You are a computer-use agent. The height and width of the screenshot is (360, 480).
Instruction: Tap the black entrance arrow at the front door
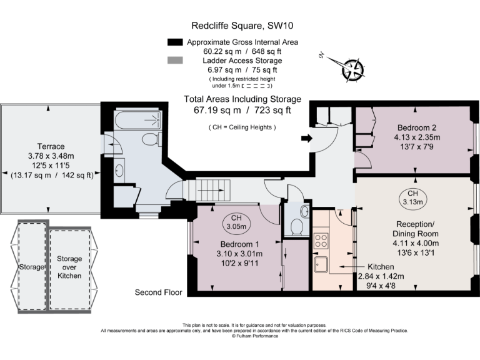click(306, 138)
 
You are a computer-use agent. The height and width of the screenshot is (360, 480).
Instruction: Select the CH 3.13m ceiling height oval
click(413, 197)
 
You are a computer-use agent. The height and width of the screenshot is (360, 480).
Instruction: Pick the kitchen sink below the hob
click(322, 265)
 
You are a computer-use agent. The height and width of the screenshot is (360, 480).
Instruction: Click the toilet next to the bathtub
click(150, 138)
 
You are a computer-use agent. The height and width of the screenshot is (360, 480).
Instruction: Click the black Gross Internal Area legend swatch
click(174, 42)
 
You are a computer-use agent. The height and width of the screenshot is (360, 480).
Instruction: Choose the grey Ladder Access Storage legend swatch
click(174, 61)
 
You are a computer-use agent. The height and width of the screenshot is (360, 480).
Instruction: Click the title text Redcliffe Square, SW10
click(242, 26)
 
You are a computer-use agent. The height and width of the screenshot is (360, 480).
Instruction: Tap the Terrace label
click(51, 146)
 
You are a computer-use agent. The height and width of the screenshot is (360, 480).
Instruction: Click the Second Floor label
click(158, 292)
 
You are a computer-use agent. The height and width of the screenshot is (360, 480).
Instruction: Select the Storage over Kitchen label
click(69, 267)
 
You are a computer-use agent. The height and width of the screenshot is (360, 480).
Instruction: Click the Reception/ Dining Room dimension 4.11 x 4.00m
click(416, 243)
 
